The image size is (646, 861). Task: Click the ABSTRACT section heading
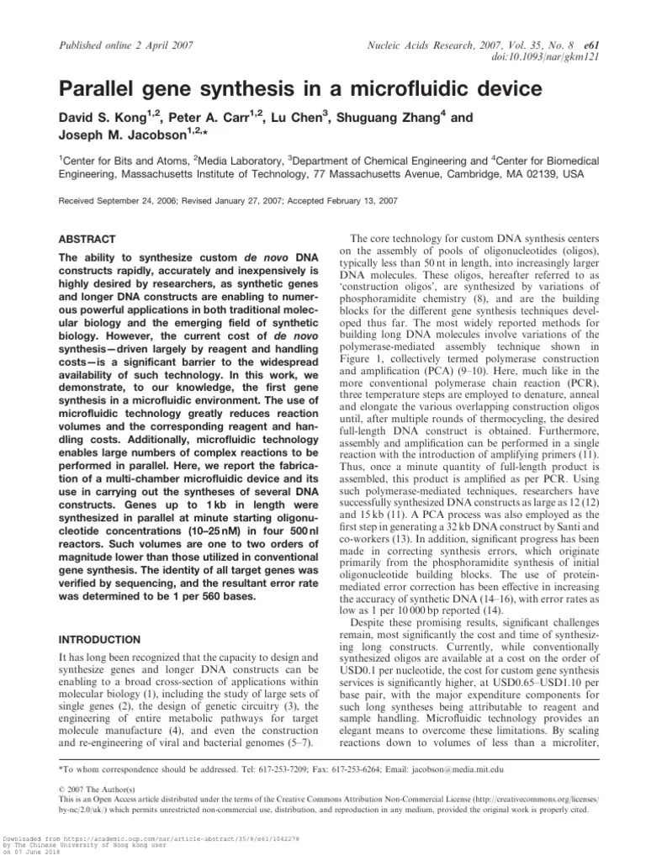tap(87, 239)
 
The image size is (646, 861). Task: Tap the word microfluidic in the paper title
tap(365, 87)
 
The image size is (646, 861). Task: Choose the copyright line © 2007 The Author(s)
tap(96, 790)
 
